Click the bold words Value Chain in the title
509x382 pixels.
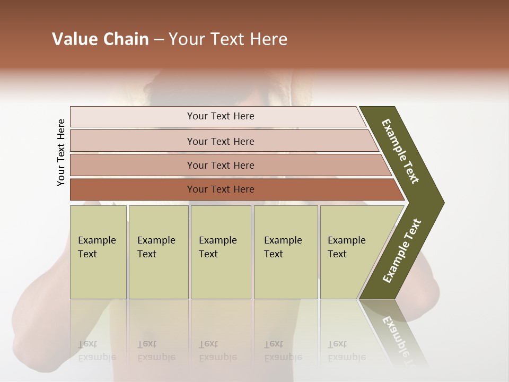(100, 39)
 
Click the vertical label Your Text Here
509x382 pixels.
(61, 152)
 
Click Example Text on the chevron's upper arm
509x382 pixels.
(400, 151)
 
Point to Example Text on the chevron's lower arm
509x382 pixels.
(402, 250)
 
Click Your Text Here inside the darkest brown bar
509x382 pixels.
(221, 189)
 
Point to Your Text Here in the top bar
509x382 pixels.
(221, 116)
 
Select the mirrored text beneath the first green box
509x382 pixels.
(96, 351)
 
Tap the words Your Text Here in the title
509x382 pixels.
(228, 39)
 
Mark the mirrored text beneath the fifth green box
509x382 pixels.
(346, 351)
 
